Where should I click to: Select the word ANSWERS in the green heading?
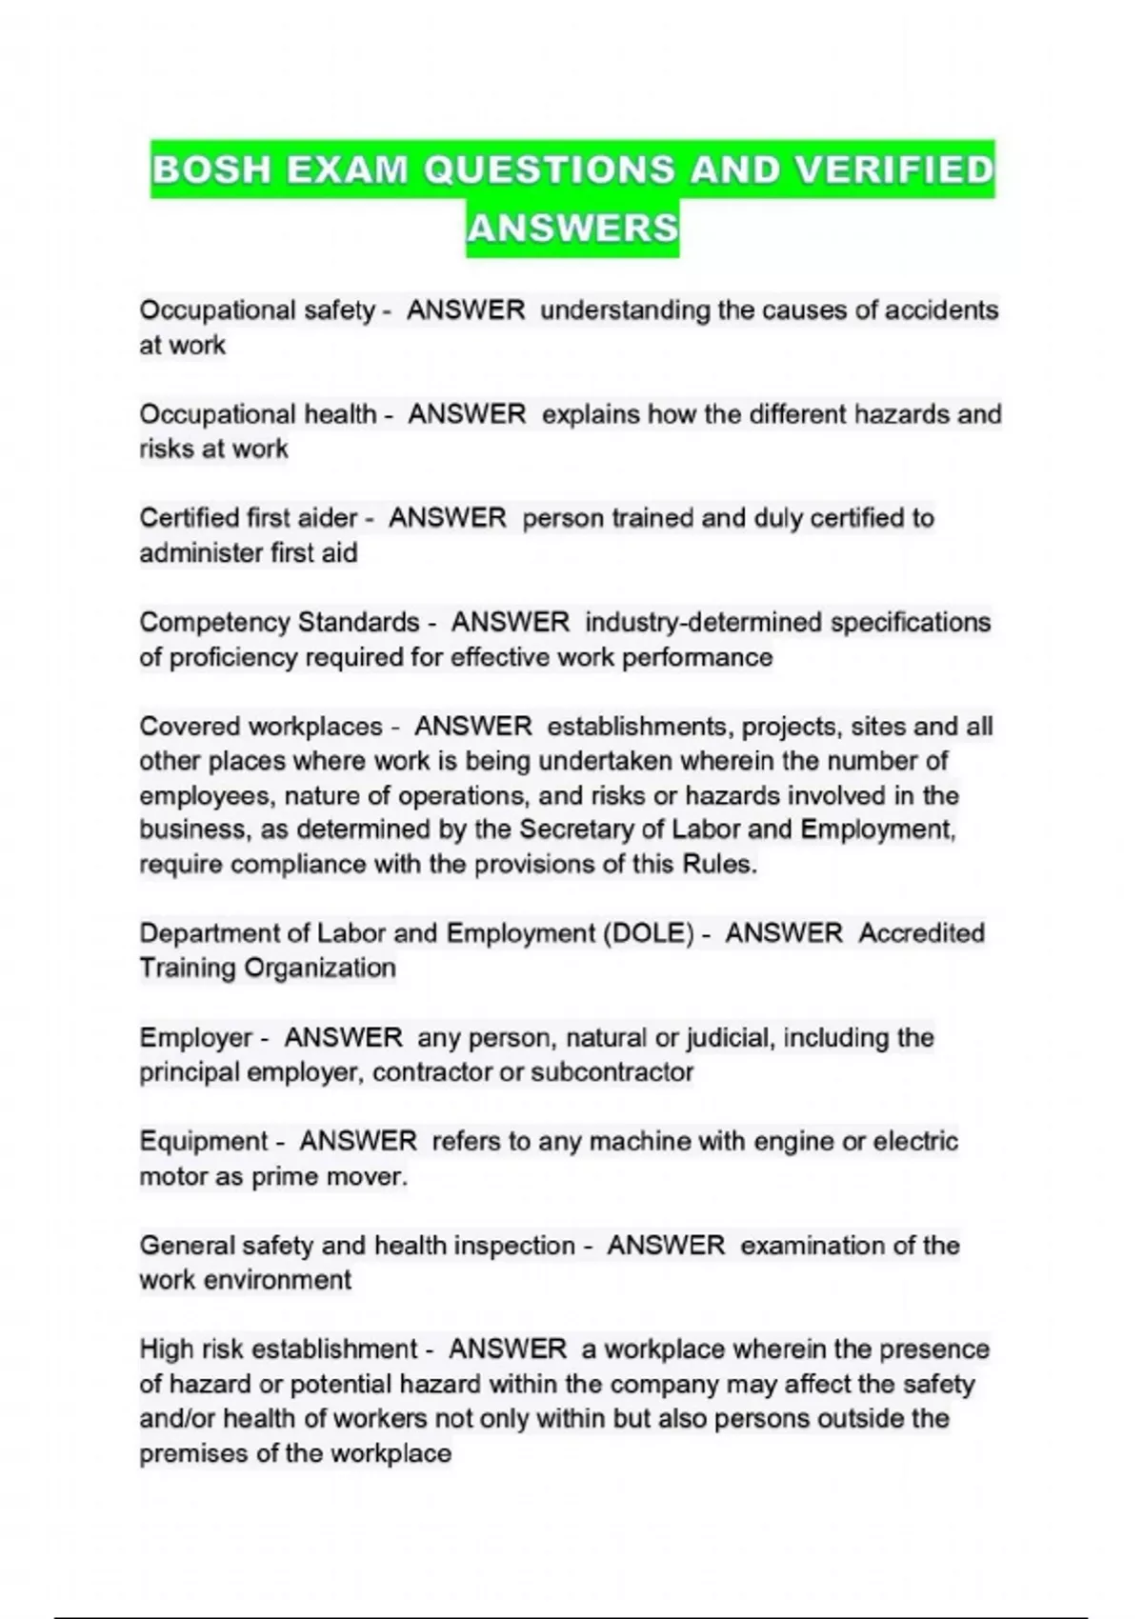572,229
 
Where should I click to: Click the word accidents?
941,310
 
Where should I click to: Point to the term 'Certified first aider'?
248,518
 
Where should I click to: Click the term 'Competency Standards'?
279,623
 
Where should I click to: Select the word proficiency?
233,658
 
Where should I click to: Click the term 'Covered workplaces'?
261,727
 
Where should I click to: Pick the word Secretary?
576,829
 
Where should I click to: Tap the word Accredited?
921,933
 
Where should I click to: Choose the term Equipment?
203,1142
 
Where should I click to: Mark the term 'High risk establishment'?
278,1349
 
